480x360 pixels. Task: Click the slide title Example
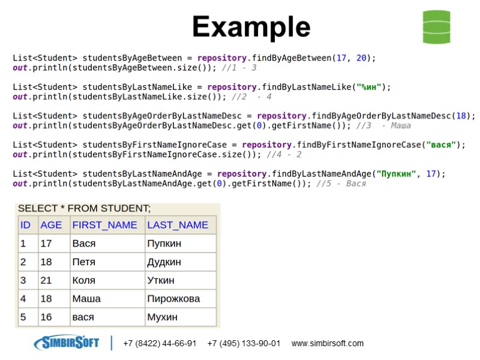tap(251, 27)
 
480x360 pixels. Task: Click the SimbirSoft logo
tap(67, 343)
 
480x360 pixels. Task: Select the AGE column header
tap(51, 225)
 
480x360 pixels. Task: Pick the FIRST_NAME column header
tap(104, 225)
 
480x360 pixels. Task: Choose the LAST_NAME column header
tap(178, 225)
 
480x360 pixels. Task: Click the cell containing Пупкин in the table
tap(164, 244)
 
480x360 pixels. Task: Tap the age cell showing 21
tap(46, 280)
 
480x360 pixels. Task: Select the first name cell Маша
tap(86, 299)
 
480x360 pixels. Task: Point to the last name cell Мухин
tap(162, 317)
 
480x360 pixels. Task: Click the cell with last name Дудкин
tap(164, 262)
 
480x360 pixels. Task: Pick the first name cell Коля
tap(84, 280)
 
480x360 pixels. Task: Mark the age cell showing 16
tap(46, 317)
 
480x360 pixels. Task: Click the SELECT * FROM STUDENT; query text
tap(84, 209)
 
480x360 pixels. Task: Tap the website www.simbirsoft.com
tap(328, 344)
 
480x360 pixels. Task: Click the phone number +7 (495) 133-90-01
tap(244, 344)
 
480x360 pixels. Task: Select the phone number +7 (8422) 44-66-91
tap(160, 344)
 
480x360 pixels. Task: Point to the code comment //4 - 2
tap(284, 155)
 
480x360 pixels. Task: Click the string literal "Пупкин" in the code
tap(396, 174)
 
